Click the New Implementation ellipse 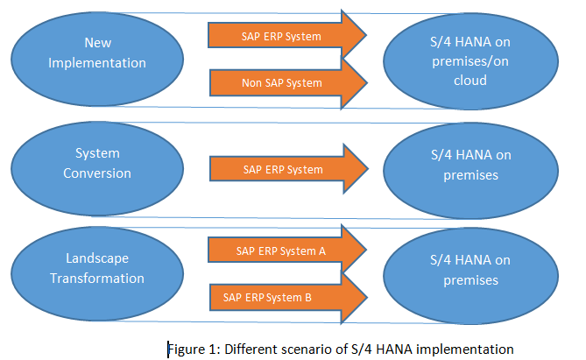pos(97,59)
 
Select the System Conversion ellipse pos(97,168)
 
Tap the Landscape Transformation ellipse pos(97,273)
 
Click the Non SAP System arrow pos(288,83)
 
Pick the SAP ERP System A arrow pos(287,251)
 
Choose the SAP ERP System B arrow pos(288,298)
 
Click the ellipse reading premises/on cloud pos(471,61)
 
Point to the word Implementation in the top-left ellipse pos(97,63)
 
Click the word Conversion pos(97,173)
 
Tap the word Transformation pos(97,279)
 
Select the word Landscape pos(97,258)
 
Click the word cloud pos(470,81)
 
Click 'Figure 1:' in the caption pos(194,349)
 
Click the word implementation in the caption pos(464,349)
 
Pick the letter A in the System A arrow pos(322,251)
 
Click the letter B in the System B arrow pos(308,298)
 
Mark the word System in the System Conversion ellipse pos(97,153)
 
